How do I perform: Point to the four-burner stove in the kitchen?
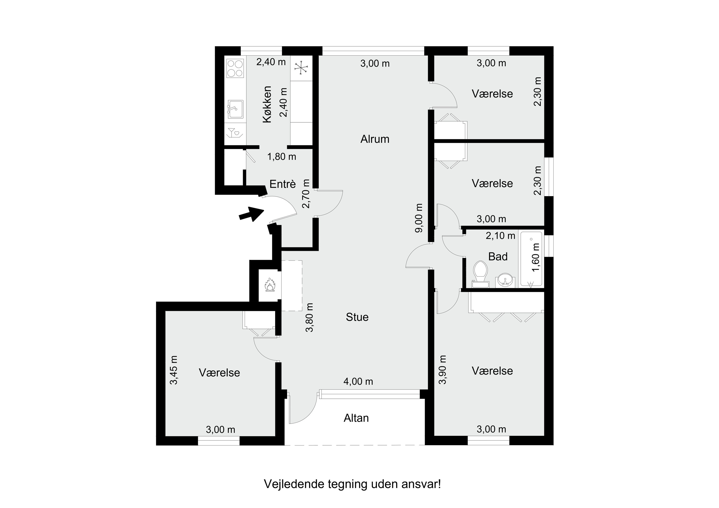pyautogui.click(x=235, y=68)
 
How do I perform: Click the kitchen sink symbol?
pyautogui.click(x=235, y=109)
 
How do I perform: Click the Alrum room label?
pyautogui.click(x=375, y=139)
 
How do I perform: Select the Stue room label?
pyautogui.click(x=357, y=317)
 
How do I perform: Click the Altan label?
pyautogui.click(x=356, y=418)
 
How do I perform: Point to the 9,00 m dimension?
pyautogui.click(x=419, y=218)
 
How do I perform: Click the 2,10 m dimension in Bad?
pyautogui.click(x=500, y=236)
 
